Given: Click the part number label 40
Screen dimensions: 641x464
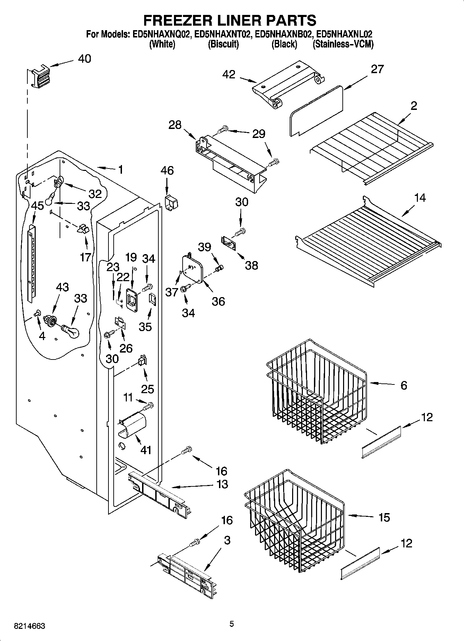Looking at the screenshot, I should tap(84, 59).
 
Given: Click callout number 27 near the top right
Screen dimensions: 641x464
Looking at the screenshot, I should tap(377, 69).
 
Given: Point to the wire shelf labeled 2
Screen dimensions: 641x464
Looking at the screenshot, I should tap(371, 146).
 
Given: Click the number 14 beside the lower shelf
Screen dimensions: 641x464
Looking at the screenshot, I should tap(420, 198).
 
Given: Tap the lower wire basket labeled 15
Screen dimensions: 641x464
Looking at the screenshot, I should tap(295, 520).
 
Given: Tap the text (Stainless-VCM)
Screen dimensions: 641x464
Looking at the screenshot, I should tap(343, 44).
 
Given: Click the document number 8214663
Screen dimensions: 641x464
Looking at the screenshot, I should tap(29, 626).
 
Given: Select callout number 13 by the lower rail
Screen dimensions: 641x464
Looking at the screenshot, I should tap(222, 484).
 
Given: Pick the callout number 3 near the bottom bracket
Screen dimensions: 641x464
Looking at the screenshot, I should tap(227, 540).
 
